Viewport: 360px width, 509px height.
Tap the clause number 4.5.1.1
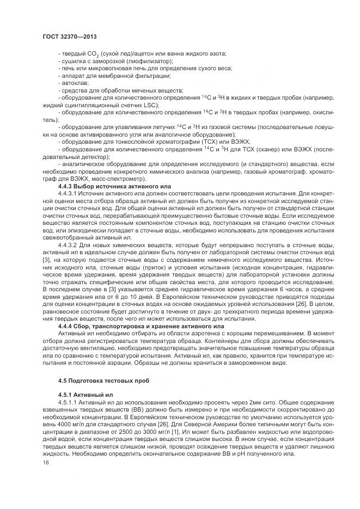tap(68, 401)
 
